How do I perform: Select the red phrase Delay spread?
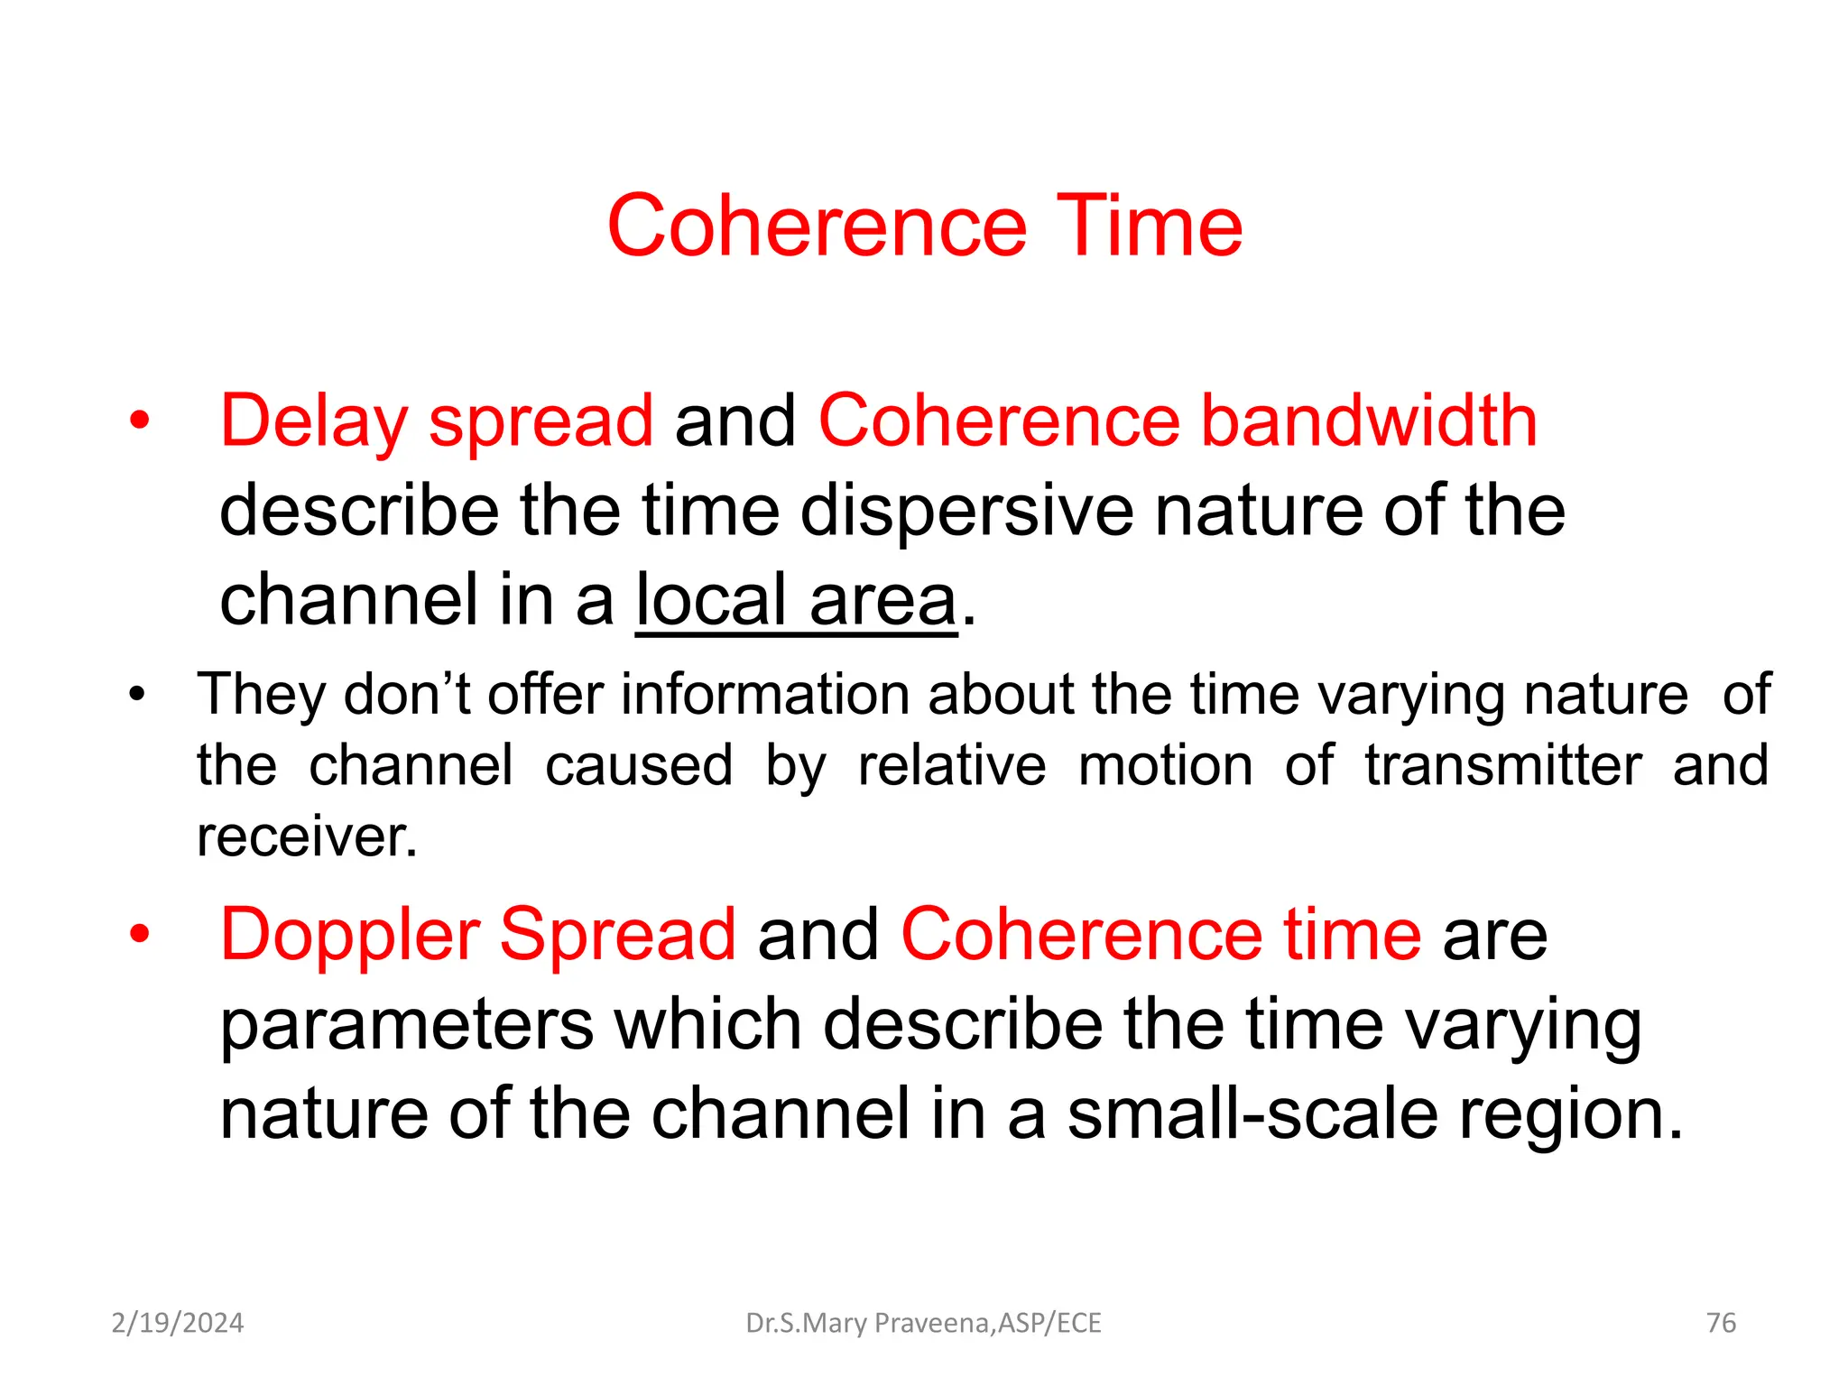pos(436,421)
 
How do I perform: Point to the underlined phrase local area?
pos(795,601)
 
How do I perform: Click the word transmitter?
pos(1502,766)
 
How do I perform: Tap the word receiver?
pos(307,837)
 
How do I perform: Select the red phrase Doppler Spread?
pos(478,935)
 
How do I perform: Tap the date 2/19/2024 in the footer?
pos(178,1323)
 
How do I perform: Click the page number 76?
pos(1721,1323)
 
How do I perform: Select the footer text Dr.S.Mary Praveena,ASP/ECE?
pos(923,1323)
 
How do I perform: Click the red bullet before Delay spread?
pos(139,421)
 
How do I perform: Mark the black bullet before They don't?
pos(136,696)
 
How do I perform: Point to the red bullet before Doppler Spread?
pos(139,935)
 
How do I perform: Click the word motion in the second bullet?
pos(1165,766)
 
